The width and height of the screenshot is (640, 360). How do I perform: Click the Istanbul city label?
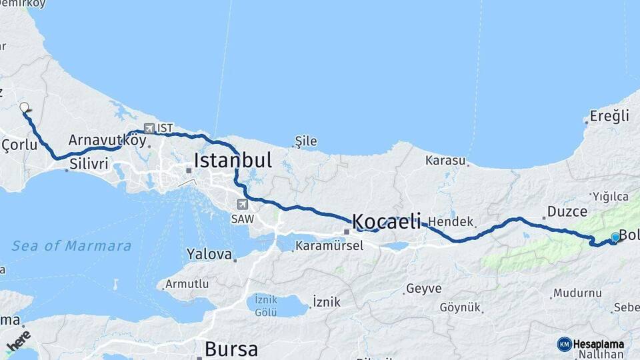pos(233,160)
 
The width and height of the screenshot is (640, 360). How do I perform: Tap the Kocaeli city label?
pos(386,221)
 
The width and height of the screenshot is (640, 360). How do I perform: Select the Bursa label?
pos(231,349)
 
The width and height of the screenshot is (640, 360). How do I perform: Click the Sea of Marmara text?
pos(71,246)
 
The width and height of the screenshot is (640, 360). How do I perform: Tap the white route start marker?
pos(25,107)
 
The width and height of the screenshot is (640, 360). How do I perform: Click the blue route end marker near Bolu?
pos(615,237)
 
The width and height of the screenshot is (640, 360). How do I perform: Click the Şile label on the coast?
pos(306,141)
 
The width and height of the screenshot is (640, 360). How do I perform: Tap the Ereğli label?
pos(609,117)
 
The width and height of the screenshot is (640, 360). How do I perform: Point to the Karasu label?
pos(445,161)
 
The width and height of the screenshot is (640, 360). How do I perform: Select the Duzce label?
pos(567,212)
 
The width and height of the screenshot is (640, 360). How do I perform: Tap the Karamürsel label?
pos(329,245)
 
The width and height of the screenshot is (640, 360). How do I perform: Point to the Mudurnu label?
pos(577,293)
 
